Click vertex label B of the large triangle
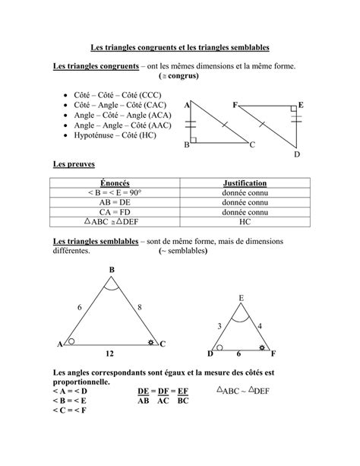tap(112, 270)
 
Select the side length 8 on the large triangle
tap(140, 307)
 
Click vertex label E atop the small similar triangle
tap(241, 298)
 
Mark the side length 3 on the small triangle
tap(220, 326)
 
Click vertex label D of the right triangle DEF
tap(297, 154)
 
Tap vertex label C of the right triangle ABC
tap(253, 144)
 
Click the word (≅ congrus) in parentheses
tap(178, 78)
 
